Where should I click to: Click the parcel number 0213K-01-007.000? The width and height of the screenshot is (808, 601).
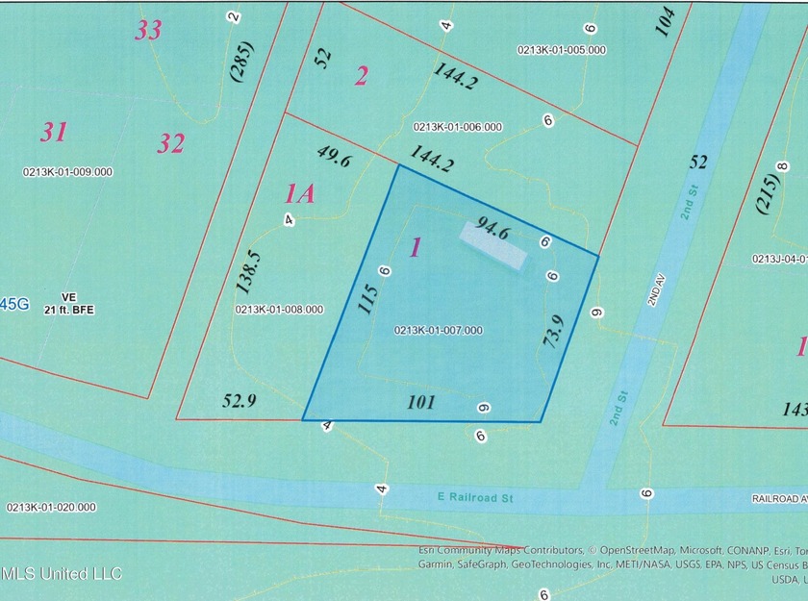tap(438, 331)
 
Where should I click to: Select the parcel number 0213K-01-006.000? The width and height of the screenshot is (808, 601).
tap(458, 126)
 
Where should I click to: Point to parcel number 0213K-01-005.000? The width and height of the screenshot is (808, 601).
tap(562, 50)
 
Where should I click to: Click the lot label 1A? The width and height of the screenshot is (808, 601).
tap(300, 194)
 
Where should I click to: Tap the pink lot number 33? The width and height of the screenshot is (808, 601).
tap(148, 31)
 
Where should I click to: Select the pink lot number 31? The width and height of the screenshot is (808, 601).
tap(53, 132)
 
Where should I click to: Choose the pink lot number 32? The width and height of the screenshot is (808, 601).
tap(171, 144)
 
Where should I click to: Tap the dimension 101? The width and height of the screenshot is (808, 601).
tap(422, 403)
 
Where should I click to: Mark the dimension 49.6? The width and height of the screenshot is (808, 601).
tap(333, 157)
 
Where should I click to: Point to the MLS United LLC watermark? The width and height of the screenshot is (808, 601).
tap(62, 574)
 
